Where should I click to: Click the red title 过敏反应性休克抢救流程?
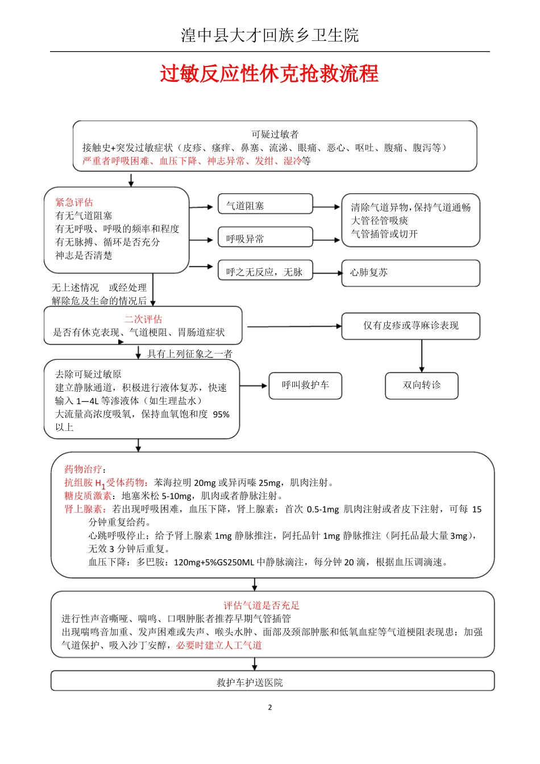[x=269, y=74]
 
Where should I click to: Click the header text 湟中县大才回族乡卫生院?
[x=269, y=35]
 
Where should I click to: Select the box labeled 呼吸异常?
[x=265, y=238]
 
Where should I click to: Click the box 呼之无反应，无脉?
[x=265, y=272]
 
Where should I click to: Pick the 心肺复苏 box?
[x=410, y=272]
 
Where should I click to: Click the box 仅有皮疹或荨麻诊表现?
[x=410, y=326]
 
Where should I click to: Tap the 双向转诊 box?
[x=421, y=385]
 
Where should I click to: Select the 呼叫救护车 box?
[x=305, y=385]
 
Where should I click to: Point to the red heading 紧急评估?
[x=74, y=202]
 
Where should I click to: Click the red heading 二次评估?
[x=143, y=319]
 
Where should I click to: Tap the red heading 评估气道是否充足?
[x=261, y=605]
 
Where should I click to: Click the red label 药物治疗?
[x=83, y=469]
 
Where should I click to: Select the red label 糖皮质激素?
[x=88, y=496]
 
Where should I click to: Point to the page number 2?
[x=270, y=708]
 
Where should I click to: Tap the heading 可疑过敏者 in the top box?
[x=275, y=135]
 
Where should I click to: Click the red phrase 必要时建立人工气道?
[x=219, y=645]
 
